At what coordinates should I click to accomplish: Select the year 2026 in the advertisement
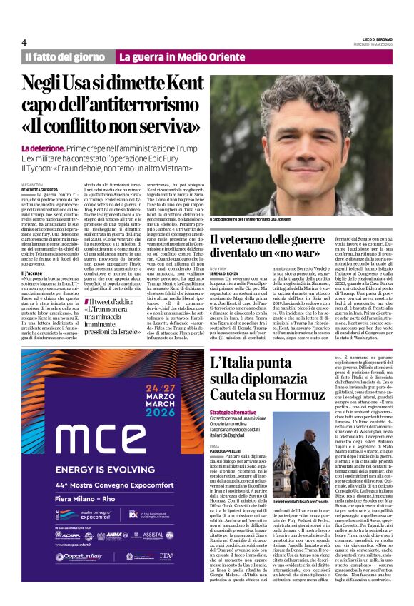(162, 409)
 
